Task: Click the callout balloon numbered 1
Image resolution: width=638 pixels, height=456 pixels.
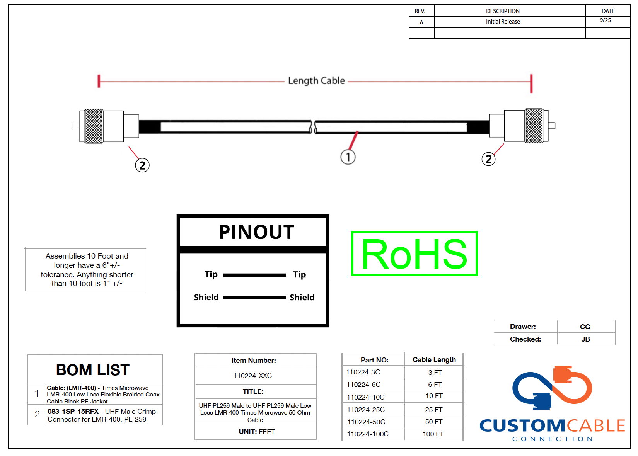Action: pos(348,157)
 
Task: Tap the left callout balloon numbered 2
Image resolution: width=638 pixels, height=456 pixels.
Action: pos(142,165)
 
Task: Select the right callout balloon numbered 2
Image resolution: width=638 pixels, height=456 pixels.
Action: pos(488,159)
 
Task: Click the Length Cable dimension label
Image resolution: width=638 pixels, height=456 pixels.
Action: pos(316,81)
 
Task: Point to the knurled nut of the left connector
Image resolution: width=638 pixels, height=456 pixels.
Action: pos(94,126)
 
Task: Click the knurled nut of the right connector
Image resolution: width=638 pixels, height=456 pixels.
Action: pos(534,126)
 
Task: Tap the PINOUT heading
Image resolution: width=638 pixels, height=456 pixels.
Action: pos(257,232)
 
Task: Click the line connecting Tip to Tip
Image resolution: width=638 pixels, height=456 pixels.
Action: pos(254,275)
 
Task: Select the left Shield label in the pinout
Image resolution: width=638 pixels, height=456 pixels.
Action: pos(206,297)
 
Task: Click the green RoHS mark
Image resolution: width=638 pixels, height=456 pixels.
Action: pos(415,254)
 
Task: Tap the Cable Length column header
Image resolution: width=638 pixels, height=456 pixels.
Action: pos(434,360)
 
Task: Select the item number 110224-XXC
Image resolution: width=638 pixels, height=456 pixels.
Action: pos(252,376)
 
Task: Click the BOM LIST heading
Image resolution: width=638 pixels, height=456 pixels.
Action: pos(93,370)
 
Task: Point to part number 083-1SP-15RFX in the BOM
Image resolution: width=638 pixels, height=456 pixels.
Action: pos(73,412)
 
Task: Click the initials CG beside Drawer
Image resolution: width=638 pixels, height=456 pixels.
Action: pos(585,327)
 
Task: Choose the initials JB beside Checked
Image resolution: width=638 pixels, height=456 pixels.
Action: pos(585,339)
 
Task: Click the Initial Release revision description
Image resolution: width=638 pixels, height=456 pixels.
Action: pos(503,22)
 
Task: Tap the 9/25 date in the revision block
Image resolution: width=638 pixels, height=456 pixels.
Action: pos(606,20)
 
